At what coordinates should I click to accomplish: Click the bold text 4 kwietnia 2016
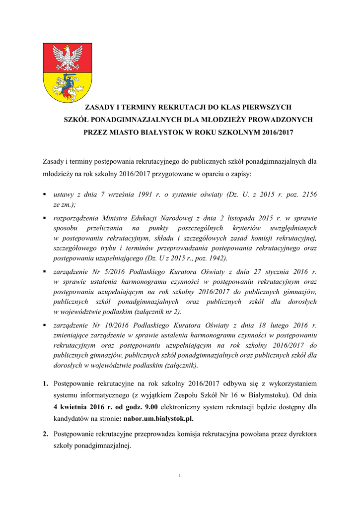click(79, 407)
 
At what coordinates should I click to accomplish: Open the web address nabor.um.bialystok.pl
click(158, 419)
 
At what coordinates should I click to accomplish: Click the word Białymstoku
click(269, 396)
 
